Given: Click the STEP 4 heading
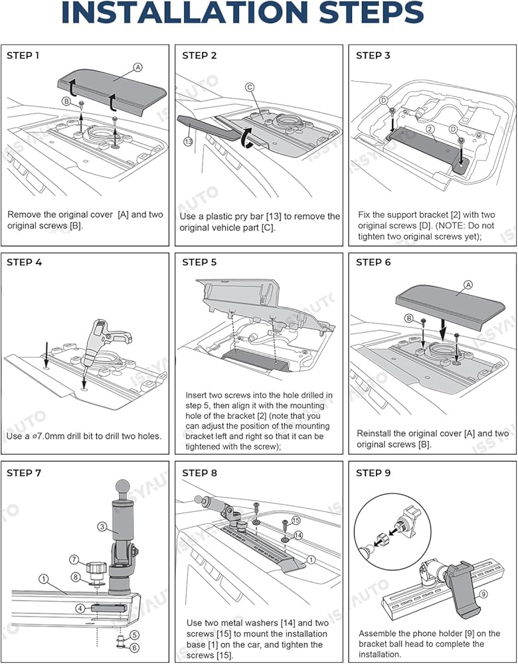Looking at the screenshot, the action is [x=24, y=262].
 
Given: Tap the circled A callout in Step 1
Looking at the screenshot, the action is [x=137, y=67].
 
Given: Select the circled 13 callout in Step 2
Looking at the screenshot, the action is [x=189, y=141].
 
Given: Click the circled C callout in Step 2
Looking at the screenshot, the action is [x=250, y=88].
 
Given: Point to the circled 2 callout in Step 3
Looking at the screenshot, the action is [x=431, y=129].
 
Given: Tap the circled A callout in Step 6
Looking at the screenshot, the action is [x=468, y=285].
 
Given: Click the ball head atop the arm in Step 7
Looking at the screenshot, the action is [x=123, y=487].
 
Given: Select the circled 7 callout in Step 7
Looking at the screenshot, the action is [x=74, y=560].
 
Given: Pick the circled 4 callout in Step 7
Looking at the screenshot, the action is [x=80, y=609].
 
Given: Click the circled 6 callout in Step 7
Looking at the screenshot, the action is [x=135, y=647].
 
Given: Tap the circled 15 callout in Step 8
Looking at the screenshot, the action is [x=296, y=520].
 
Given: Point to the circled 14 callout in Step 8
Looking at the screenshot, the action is [x=298, y=535].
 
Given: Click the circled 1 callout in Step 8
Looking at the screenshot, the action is [x=311, y=560].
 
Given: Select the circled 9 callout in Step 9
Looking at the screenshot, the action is [x=483, y=594].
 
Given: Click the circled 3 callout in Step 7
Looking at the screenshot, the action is [x=102, y=527].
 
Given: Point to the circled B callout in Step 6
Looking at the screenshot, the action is [x=408, y=319].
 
